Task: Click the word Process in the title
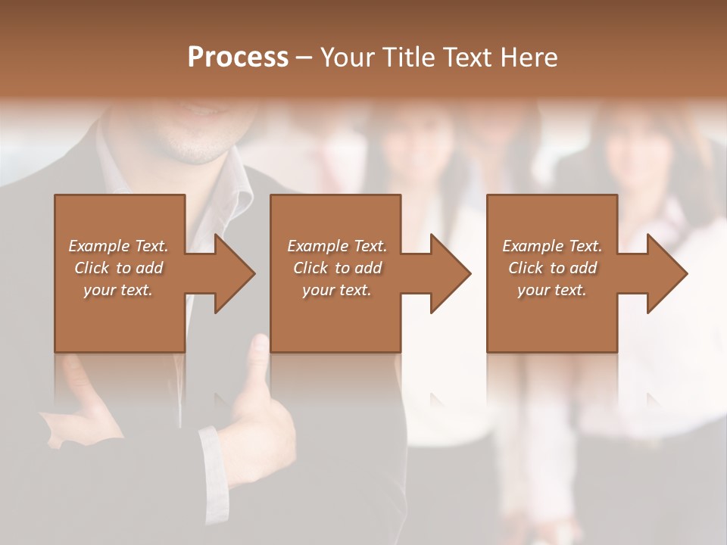click(238, 58)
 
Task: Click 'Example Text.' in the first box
click(118, 246)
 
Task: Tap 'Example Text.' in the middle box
click(336, 246)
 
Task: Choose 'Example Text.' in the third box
click(552, 246)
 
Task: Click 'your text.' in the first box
click(118, 290)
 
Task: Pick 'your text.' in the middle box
click(336, 290)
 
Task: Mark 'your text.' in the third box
click(552, 290)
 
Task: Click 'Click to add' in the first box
click(118, 268)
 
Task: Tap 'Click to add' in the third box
click(552, 268)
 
